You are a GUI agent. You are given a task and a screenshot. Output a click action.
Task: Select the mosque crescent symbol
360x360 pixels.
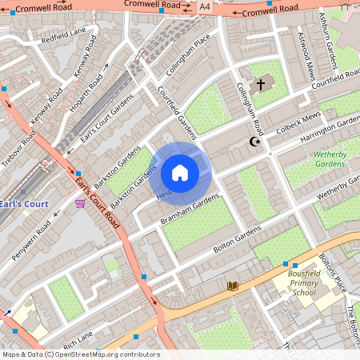[256, 142]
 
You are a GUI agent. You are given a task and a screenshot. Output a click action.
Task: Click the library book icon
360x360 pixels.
[232, 286]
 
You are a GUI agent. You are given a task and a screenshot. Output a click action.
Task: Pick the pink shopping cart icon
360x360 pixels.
[80, 204]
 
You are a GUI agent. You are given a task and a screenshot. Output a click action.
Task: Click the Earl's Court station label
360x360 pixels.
[24, 204]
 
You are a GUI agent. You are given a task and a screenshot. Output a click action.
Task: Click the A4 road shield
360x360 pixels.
[206, 6]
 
